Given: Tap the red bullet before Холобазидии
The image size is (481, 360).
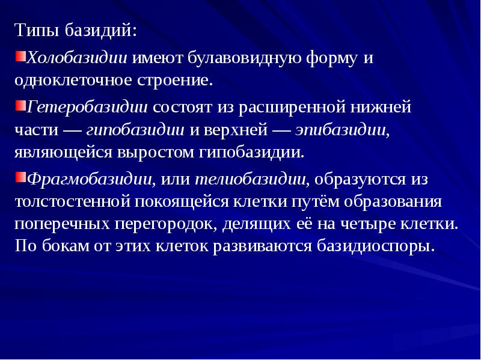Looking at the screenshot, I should (x=20, y=56).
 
